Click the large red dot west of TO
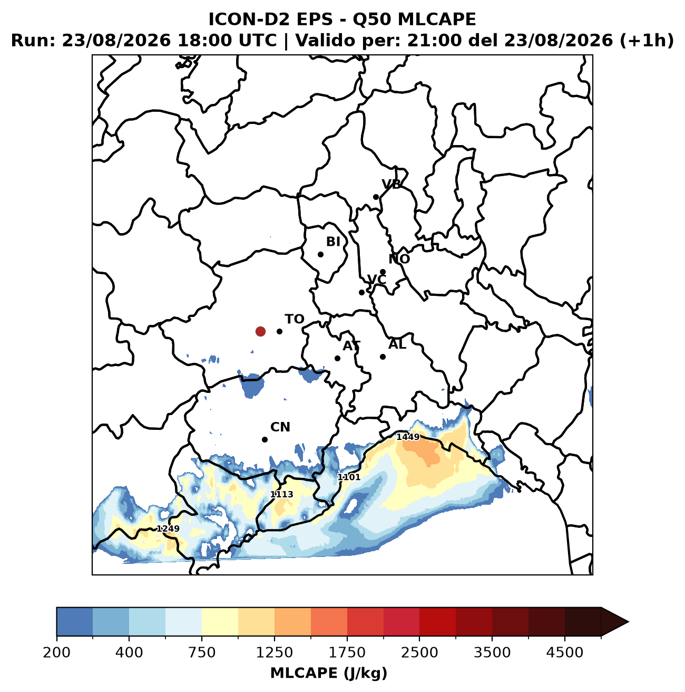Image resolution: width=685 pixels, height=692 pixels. (260, 331)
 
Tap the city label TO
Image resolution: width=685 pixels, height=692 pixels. (294, 319)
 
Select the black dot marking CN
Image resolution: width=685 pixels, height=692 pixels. (265, 439)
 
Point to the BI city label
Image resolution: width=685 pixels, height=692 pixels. (333, 242)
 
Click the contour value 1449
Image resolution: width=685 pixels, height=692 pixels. (408, 437)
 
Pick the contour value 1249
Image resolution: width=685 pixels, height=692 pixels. (168, 528)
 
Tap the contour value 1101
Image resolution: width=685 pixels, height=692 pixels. (349, 477)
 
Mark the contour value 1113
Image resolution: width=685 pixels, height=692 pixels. (282, 494)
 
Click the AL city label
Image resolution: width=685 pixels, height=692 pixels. (397, 344)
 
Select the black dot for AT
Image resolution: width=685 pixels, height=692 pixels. (337, 358)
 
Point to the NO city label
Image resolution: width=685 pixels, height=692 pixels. (399, 258)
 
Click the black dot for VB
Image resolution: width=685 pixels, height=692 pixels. (376, 197)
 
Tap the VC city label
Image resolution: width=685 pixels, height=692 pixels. (377, 280)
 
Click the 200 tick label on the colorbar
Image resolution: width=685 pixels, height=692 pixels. (57, 652)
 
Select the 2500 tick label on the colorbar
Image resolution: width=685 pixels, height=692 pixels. (419, 652)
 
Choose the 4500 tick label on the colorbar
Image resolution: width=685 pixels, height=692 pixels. (565, 652)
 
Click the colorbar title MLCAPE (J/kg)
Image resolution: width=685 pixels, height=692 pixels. (329, 672)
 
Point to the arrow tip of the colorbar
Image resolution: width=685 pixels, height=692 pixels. (629, 622)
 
